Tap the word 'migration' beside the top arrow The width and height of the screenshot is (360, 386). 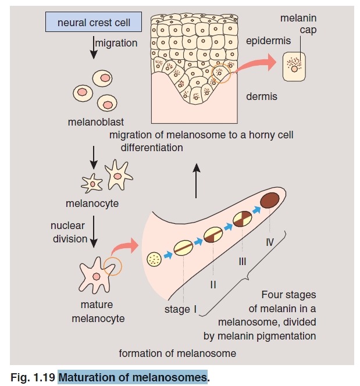116,43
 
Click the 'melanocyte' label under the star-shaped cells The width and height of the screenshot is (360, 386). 92,203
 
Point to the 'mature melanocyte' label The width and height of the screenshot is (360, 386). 98,311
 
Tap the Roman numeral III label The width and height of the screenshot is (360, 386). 242,262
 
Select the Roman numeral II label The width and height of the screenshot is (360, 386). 213,284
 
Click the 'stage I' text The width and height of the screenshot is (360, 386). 181,309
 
